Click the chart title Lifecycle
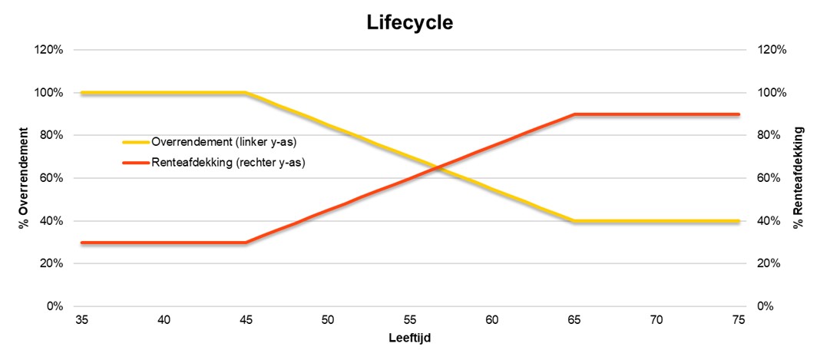point(409,23)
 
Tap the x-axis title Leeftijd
point(409,338)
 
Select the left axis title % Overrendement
point(24,178)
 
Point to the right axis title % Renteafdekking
point(799,178)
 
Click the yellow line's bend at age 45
point(245,93)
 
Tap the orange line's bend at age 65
point(574,114)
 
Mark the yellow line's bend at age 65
point(574,221)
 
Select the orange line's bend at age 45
point(245,243)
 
